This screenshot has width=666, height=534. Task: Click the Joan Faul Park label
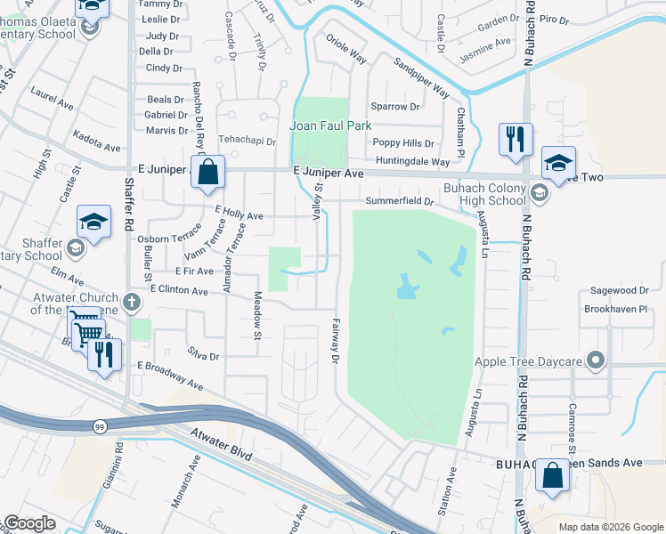click(x=330, y=125)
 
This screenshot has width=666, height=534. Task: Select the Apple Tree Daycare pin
click(x=596, y=361)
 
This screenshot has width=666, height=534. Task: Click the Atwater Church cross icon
click(x=133, y=300)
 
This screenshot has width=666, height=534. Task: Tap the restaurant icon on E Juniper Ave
click(x=516, y=141)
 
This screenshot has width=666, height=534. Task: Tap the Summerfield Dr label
click(x=400, y=202)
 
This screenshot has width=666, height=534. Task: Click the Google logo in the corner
click(x=29, y=522)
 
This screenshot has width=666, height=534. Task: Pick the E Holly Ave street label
click(x=239, y=215)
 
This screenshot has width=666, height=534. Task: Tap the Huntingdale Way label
click(x=413, y=162)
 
